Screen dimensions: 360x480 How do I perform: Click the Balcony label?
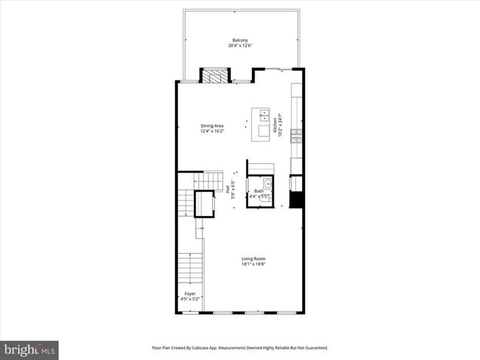click(239, 40)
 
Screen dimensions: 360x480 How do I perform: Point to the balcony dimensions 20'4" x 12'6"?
click(239, 46)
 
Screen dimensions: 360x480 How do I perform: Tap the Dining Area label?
click(212, 125)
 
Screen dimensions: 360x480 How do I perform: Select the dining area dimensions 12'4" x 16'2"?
click(212, 131)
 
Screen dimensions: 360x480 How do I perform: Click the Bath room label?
click(258, 191)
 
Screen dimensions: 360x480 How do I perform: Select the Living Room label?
click(253, 258)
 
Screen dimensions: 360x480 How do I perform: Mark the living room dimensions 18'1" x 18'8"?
click(253, 264)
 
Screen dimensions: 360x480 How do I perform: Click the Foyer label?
click(190, 294)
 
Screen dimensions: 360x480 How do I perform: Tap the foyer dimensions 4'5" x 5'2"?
click(191, 300)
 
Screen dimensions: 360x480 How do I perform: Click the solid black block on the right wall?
click(296, 199)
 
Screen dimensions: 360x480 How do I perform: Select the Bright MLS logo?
click(30, 349)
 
